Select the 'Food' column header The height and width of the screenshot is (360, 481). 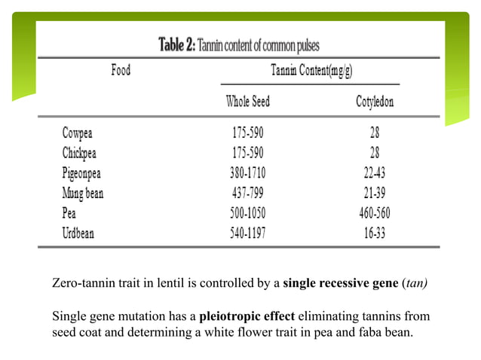coord(121,70)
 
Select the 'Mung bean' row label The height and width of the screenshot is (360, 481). coord(83,193)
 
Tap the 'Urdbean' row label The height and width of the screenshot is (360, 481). coord(78,233)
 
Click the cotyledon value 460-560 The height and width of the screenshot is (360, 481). coord(375,213)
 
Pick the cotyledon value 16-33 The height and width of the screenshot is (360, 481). coord(375,233)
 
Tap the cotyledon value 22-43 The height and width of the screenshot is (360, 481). coord(375,172)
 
